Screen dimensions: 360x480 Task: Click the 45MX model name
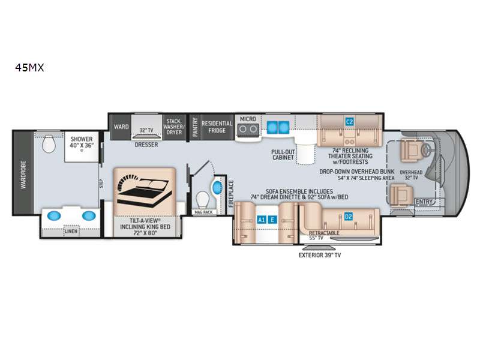[x=30, y=68]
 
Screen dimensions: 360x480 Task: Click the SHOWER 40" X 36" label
[x=82, y=143]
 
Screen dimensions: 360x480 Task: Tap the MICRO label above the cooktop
[x=248, y=119]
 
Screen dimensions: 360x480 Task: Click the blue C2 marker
[x=349, y=122]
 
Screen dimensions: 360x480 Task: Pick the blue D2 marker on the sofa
[x=348, y=217]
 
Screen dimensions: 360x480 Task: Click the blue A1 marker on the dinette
[x=262, y=220]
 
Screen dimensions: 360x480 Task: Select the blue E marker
[x=272, y=220]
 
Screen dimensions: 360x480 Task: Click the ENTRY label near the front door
[x=424, y=202]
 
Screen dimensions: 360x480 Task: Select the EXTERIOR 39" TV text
[x=323, y=254]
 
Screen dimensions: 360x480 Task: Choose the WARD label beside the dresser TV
[x=119, y=127]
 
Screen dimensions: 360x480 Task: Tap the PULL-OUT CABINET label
[x=283, y=154]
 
